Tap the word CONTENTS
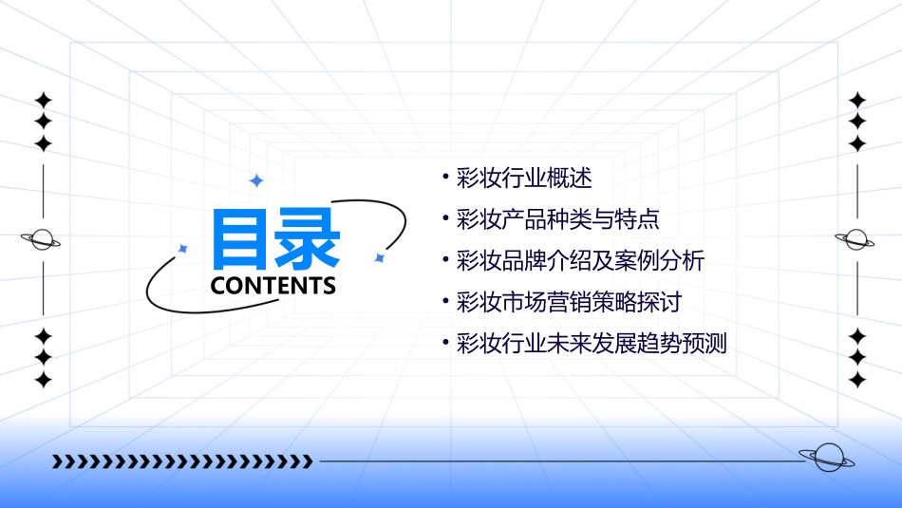tap(273, 286)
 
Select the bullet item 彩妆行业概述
tap(524, 178)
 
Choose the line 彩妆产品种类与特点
tap(558, 220)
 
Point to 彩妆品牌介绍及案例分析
tap(581, 261)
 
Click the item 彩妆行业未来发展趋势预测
tap(592, 344)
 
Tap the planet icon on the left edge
tap(42, 240)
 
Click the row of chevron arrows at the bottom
tap(182, 461)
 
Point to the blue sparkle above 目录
tap(255, 180)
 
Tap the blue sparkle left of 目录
tap(183, 249)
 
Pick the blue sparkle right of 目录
tap(379, 257)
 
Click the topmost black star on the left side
tap(43, 99)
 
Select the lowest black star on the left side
tap(43, 380)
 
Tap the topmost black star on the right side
tap(857, 99)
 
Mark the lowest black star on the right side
tap(857, 380)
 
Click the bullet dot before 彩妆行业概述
tap(445, 178)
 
